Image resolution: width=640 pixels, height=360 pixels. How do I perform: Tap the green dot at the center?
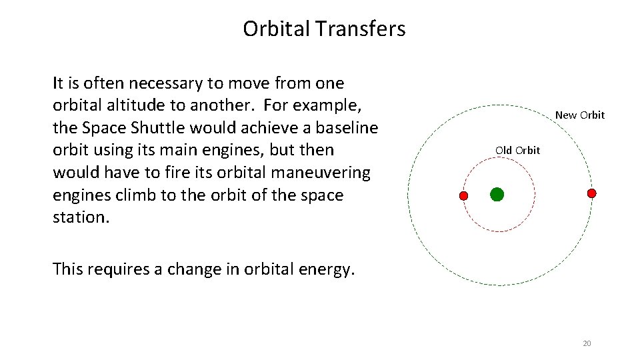click(497, 195)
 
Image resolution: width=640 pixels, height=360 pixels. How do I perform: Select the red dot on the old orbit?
click(464, 196)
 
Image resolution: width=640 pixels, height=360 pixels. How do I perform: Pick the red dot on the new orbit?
click(591, 193)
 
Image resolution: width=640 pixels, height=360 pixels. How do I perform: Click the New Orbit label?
click(579, 115)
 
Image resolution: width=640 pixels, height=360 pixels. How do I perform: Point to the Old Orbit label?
click(517, 151)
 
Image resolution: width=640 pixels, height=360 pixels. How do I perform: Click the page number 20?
click(587, 343)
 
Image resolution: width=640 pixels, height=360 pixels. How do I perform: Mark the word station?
click(79, 217)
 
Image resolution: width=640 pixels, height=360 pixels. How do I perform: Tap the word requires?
click(125, 270)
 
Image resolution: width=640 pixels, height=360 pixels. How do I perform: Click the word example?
click(329, 106)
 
